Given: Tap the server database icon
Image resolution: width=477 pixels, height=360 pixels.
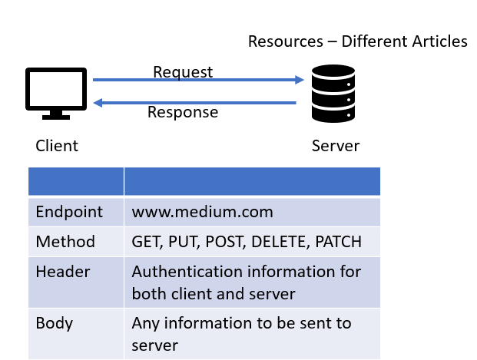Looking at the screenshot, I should tap(335, 94).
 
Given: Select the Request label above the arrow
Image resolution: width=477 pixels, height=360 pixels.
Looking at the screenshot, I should tap(183, 72).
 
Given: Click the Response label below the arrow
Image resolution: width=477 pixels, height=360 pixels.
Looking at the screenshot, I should tap(183, 113).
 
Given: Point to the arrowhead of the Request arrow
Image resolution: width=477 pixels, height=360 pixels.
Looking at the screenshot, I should tap(299, 80).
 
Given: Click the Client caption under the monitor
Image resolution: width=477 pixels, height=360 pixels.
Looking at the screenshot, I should tap(57, 146).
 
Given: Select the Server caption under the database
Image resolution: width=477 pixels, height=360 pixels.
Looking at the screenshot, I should tap(335, 146).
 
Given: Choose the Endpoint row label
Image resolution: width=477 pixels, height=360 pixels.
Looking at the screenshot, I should tap(66, 211).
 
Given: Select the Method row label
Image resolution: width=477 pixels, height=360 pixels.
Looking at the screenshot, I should tap(65, 242).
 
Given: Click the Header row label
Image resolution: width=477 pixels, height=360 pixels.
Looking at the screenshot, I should tap(63, 272).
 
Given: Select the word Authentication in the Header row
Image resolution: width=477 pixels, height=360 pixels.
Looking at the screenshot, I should tap(180, 272).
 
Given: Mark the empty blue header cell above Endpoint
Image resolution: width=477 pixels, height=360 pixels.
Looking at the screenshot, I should tap(76, 181).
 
